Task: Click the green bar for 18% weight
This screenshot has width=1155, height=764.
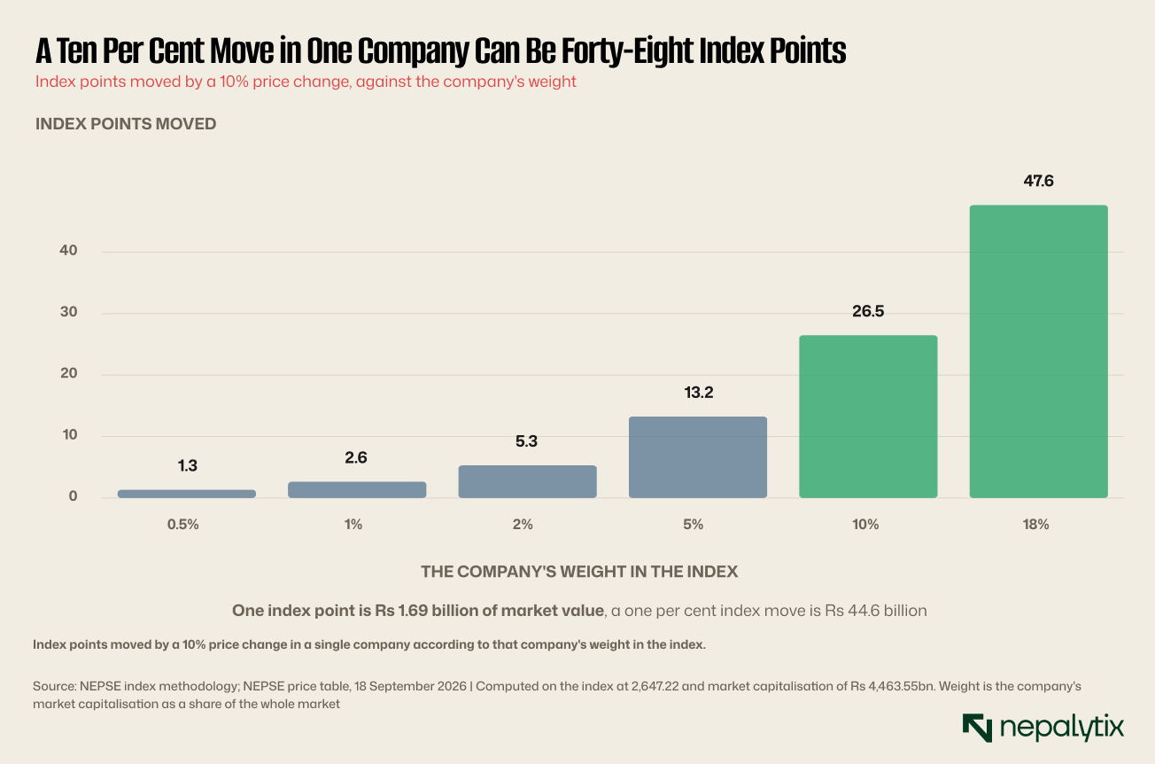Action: (x=1038, y=351)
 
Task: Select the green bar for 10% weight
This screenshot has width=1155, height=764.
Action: (x=868, y=417)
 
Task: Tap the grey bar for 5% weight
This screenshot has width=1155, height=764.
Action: (x=698, y=457)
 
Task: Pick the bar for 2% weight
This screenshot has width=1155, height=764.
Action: (x=528, y=481)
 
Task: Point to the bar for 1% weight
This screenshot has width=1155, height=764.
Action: (x=357, y=489)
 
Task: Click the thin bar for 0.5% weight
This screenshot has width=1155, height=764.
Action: (x=187, y=494)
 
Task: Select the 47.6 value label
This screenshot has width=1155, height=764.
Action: (x=1038, y=181)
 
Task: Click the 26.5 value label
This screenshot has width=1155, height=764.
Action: (x=868, y=311)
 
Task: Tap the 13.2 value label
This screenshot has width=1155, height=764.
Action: (x=699, y=393)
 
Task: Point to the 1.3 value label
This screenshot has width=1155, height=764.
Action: (x=187, y=466)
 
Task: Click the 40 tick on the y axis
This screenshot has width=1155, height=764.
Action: (x=68, y=250)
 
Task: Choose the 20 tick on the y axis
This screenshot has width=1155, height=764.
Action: (x=68, y=373)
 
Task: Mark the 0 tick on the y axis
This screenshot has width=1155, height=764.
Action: (x=73, y=496)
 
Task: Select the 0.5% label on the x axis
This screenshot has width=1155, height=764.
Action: (x=182, y=525)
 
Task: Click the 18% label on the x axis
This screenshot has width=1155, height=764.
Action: (x=1036, y=525)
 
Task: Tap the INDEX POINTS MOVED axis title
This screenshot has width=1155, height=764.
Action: (x=126, y=124)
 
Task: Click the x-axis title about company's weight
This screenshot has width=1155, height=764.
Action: (x=579, y=572)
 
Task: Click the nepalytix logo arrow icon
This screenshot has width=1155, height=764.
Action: (x=977, y=728)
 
